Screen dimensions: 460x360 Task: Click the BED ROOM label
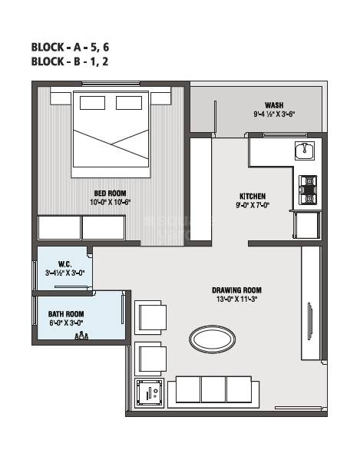111,193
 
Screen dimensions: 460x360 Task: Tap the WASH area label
274,105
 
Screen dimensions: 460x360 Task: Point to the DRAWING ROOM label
237,290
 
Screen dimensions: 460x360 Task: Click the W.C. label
64,264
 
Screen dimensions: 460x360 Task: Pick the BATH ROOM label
66,314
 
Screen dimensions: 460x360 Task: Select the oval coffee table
213,339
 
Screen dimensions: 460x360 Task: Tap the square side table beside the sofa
149,393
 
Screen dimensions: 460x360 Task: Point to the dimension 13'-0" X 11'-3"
237,299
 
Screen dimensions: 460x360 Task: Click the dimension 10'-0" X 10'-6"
111,202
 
